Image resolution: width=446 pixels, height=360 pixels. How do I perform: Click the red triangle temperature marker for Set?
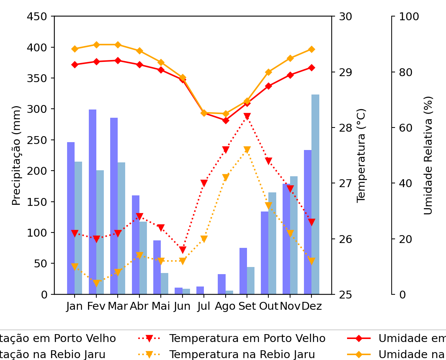[247, 117]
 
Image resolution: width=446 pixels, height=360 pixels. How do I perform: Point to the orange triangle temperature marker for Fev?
[96, 283]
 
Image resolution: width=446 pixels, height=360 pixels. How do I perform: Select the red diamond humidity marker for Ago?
[226, 120]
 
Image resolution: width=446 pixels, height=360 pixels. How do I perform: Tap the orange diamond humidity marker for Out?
[268, 72]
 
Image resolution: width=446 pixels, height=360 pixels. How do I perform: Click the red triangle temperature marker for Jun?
[183, 250]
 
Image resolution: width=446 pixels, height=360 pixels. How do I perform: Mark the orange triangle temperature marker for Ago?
[226, 177]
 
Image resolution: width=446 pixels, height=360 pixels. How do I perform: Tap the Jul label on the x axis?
[204, 306]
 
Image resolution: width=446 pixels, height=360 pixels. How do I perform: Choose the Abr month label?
[139, 306]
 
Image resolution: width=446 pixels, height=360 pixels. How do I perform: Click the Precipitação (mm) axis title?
[16, 155]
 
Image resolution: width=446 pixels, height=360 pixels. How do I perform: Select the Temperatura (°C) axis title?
[361, 155]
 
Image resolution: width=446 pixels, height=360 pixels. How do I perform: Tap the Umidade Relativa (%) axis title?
[428, 155]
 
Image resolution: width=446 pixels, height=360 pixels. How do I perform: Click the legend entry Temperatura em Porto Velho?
[247, 339]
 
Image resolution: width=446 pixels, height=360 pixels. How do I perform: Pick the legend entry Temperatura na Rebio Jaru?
[242, 354]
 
